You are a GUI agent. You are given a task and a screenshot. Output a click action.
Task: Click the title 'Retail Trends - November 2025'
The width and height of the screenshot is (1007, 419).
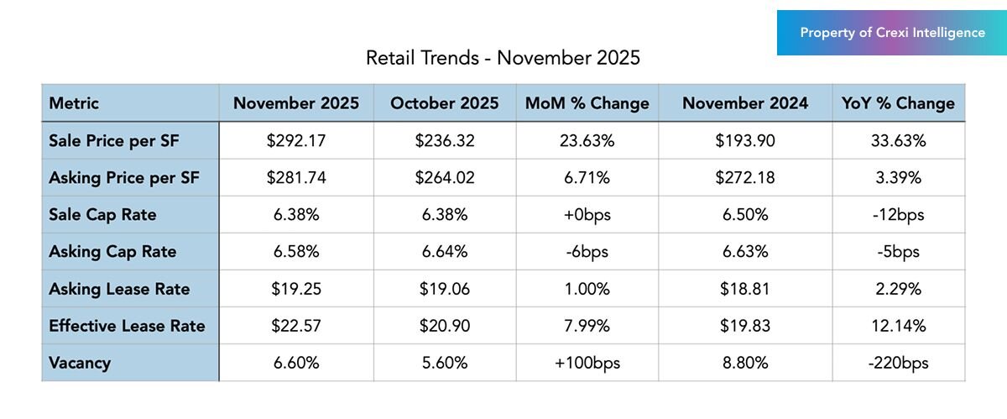503,58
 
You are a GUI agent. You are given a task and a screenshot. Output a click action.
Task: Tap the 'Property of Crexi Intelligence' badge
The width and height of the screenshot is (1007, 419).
892,33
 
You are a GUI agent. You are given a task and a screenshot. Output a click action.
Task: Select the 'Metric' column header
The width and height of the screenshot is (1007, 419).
74,103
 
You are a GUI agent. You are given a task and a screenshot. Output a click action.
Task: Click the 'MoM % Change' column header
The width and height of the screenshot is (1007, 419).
587,103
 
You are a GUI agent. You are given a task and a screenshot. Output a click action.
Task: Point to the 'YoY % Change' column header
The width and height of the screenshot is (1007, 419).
898,103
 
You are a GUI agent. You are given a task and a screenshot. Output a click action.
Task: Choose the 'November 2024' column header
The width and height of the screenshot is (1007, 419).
745,103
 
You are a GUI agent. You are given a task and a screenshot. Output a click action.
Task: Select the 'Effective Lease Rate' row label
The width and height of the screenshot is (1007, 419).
127,326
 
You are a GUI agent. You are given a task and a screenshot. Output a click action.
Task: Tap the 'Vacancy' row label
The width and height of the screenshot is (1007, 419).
80,363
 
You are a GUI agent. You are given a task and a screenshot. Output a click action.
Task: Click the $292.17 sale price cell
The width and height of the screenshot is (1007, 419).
296,141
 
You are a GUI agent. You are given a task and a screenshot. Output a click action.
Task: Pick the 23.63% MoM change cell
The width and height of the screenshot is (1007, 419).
587,141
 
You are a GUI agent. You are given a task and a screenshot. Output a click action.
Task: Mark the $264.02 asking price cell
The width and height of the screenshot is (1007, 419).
444,178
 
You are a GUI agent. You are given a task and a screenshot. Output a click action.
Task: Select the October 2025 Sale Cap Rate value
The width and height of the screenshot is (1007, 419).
444,215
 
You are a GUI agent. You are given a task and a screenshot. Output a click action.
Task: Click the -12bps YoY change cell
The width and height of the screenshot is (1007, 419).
898,215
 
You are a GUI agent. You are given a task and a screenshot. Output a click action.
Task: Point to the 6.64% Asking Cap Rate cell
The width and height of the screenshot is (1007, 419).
444,252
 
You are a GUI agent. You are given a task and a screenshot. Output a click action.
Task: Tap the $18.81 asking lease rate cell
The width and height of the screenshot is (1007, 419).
745,289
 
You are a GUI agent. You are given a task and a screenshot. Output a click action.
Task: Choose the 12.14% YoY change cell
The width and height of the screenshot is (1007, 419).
898,326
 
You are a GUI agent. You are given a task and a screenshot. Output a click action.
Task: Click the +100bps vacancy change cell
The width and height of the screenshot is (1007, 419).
587,363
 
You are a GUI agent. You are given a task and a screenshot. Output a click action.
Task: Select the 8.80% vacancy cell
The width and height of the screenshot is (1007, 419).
745,363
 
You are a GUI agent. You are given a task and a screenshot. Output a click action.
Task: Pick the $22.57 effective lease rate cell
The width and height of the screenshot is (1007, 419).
296,326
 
